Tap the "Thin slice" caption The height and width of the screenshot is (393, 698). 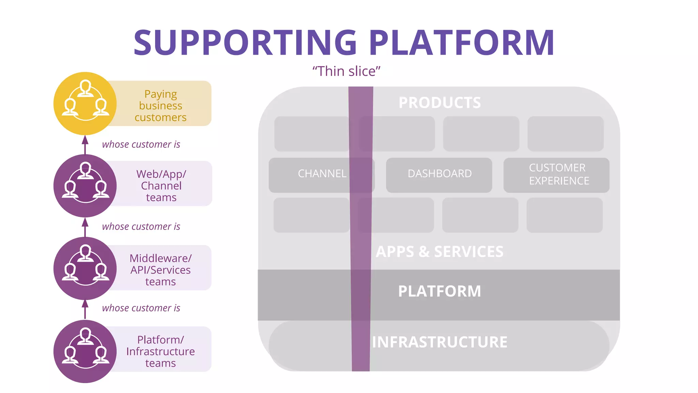point(346,71)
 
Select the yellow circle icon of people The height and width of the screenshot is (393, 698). point(85,103)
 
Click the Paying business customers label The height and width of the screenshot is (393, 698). point(161,105)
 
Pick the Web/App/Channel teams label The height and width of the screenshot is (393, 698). point(161,186)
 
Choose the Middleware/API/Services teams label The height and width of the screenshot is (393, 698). point(161,270)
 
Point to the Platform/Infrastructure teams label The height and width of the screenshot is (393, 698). point(161,351)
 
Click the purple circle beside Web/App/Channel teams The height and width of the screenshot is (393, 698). point(85,186)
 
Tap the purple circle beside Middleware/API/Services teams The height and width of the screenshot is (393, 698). point(85,268)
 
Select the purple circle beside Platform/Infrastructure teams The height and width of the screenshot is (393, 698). point(85,351)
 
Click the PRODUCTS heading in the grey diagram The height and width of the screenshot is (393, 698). point(440,103)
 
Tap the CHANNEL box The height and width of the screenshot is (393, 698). point(322,174)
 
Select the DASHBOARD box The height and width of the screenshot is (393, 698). point(439,174)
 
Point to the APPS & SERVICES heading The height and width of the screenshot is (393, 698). point(439,252)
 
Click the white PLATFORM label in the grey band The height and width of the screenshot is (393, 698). point(439,291)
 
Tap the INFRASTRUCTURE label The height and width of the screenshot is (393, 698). point(439,342)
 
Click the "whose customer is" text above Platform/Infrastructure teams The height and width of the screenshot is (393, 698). point(141,308)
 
